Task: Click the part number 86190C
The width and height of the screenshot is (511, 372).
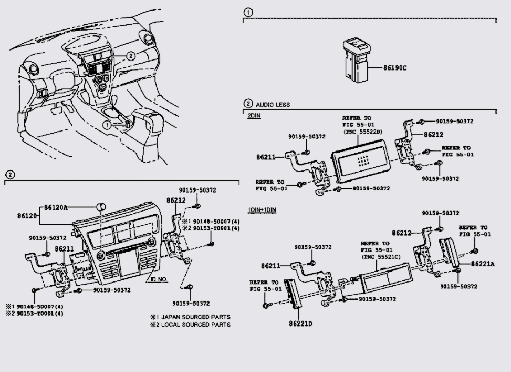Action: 394,68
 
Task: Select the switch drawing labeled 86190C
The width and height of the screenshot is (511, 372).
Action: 356,61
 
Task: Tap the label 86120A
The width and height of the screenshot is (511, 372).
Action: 56,207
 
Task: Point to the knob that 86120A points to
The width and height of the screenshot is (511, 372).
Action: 101,207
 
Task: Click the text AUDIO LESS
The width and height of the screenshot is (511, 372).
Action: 273,105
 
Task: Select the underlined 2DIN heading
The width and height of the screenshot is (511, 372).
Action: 254,116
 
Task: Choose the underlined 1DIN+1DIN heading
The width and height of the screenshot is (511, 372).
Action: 262,210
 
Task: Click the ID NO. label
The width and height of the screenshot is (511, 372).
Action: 159,279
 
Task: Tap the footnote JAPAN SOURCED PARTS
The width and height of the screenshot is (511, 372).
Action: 195,317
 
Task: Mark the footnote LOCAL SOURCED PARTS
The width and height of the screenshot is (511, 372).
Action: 195,324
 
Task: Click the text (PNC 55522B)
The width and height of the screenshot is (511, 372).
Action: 363,132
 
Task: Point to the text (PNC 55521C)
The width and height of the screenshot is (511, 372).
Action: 381,257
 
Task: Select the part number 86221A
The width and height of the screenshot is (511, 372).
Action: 482,264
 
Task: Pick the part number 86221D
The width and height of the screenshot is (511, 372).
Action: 300,324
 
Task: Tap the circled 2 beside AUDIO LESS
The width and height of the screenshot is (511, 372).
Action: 248,104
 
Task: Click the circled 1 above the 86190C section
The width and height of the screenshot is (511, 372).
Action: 248,13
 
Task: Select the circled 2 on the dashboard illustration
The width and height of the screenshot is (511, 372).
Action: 130,56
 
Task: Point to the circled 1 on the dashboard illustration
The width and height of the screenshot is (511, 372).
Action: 107,125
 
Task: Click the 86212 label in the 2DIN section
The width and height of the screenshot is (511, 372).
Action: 433,134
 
